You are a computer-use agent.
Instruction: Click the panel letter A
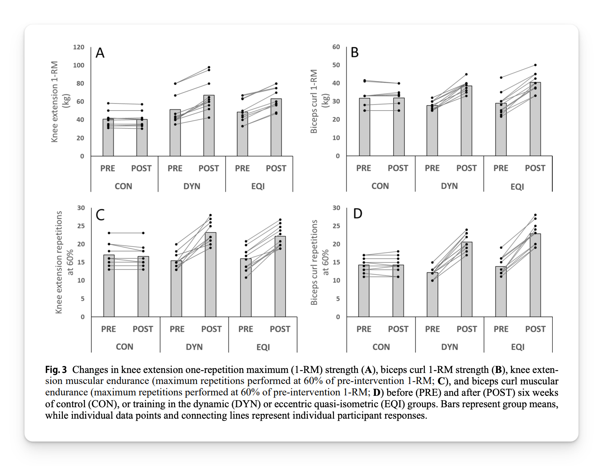(100, 53)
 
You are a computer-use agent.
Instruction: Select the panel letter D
(358, 213)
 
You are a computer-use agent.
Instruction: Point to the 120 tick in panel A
(78, 47)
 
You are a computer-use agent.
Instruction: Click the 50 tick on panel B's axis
(336, 65)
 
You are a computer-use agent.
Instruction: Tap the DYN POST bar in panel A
(209, 126)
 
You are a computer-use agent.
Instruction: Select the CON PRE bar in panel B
(365, 127)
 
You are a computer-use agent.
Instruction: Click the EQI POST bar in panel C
(280, 276)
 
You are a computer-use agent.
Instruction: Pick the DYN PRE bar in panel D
(432, 295)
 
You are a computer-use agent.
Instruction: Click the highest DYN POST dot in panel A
(209, 67)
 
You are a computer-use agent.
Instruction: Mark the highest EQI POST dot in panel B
(535, 65)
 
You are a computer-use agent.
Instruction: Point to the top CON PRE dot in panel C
(109, 233)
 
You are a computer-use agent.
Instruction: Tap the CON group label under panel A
(123, 186)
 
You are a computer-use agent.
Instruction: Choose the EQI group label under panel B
(517, 186)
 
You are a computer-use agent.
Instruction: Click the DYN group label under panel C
(194, 347)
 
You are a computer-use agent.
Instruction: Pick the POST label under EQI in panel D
(535, 329)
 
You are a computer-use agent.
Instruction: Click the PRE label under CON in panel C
(109, 329)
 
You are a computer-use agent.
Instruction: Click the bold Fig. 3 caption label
(56, 370)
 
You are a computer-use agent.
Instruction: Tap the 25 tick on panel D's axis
(336, 226)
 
